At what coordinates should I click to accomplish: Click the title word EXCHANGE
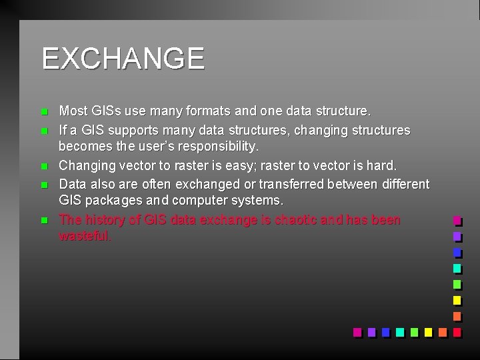tap(123, 59)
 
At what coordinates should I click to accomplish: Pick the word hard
tap(381, 165)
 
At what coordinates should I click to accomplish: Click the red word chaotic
tap(295, 220)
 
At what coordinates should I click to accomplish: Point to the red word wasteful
tap(85, 236)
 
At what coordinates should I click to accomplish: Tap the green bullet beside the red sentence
tap(44, 220)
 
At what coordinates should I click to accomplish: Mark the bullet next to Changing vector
tap(44, 166)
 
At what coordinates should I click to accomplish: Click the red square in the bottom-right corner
tap(457, 331)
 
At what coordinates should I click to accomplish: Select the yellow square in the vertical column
tap(457, 300)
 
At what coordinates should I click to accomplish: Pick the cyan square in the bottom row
tap(399, 331)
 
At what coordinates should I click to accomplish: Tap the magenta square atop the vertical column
tap(457, 220)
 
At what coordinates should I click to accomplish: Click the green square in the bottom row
tap(413, 331)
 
